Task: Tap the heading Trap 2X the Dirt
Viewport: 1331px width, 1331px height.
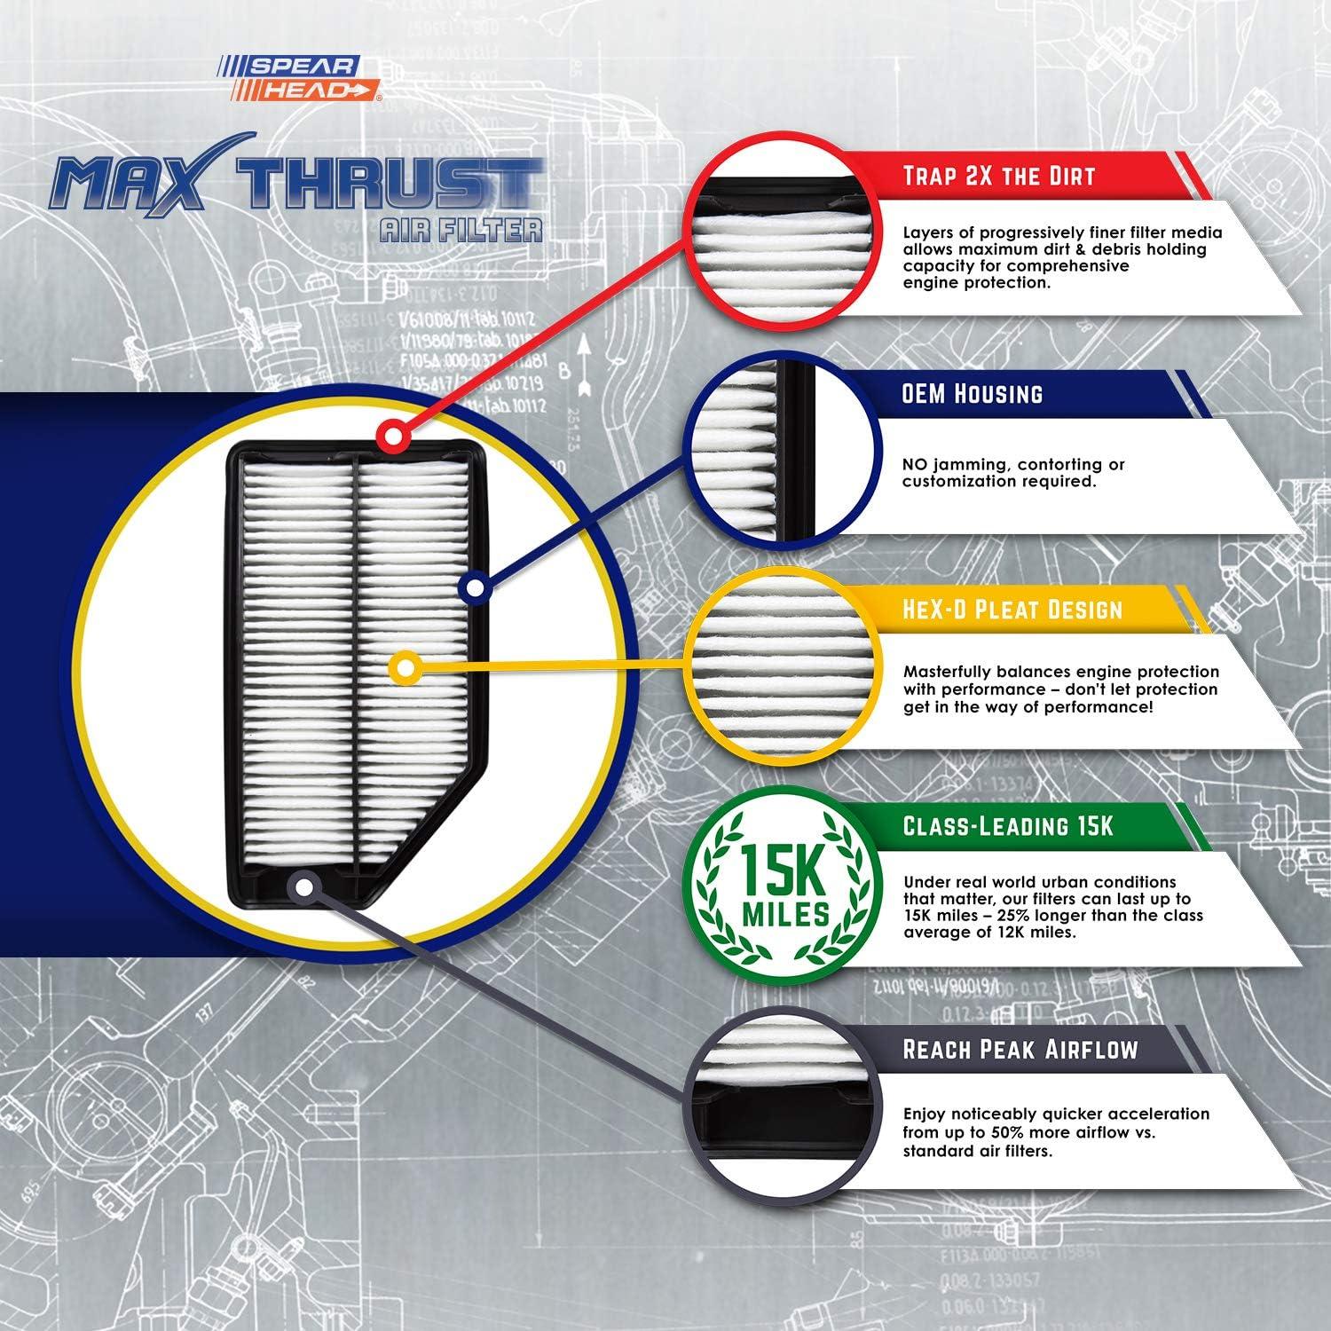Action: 998,176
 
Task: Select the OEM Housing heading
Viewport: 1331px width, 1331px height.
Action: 972,394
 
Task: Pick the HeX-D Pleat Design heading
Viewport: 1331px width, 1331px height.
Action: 1012,610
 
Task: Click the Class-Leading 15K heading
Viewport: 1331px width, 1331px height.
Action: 1007,826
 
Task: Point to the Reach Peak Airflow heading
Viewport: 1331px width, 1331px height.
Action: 1020,1050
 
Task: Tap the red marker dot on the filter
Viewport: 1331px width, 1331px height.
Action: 391,436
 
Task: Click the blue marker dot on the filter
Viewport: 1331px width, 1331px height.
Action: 475,587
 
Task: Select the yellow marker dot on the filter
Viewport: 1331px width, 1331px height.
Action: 405,666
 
